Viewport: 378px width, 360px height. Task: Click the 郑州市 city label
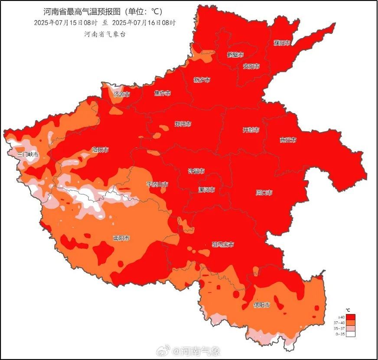182,124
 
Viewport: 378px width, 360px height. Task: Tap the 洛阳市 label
100,149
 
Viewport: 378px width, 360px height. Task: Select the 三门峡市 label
28,154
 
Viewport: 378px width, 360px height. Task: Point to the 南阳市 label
121,238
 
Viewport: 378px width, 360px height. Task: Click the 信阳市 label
261,305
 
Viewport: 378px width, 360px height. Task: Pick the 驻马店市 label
222,244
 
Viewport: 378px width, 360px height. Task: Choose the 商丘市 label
288,140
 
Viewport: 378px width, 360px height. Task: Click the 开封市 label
251,130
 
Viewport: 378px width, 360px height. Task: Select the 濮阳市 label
282,42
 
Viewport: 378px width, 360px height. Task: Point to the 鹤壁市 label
235,55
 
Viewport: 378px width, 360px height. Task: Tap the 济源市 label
121,94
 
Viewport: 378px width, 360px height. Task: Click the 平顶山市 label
157,184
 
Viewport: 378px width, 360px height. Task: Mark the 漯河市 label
206,190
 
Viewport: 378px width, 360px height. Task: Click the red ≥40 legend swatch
351,317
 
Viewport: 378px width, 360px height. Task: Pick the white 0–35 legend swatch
351,334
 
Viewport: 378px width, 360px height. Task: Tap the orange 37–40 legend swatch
351,322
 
